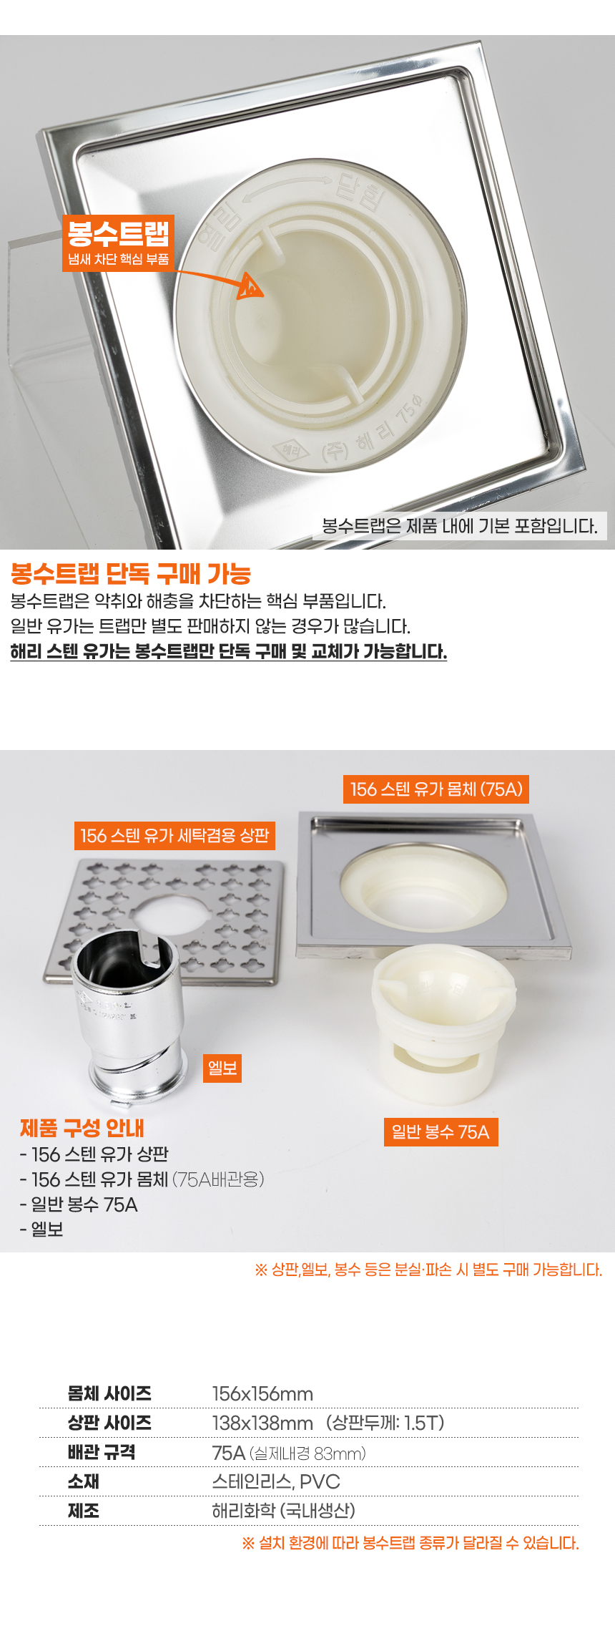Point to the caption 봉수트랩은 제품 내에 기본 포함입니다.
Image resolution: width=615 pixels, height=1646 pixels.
click(x=460, y=526)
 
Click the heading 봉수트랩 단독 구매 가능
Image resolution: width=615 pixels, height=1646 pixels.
click(x=131, y=573)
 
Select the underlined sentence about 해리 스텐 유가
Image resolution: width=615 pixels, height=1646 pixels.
click(x=229, y=651)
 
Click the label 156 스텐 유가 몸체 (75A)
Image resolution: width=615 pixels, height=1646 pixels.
click(x=436, y=789)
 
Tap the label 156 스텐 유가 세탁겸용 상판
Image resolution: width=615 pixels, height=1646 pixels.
click(x=174, y=836)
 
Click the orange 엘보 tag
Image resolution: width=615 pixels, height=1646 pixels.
click(x=222, y=1068)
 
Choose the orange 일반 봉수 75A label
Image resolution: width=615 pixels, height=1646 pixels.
click(x=441, y=1132)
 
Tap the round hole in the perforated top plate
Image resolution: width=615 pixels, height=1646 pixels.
click(x=170, y=914)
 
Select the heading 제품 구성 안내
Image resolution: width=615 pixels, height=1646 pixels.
click(x=82, y=1128)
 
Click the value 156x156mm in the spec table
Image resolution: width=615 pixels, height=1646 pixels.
click(x=262, y=1394)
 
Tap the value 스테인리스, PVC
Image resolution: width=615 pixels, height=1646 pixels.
click(x=276, y=1481)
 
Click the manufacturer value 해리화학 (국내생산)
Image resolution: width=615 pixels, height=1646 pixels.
click(x=284, y=1511)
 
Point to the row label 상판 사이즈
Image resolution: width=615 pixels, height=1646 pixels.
click(x=109, y=1423)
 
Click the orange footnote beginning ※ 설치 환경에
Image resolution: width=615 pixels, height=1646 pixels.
click(x=410, y=1543)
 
